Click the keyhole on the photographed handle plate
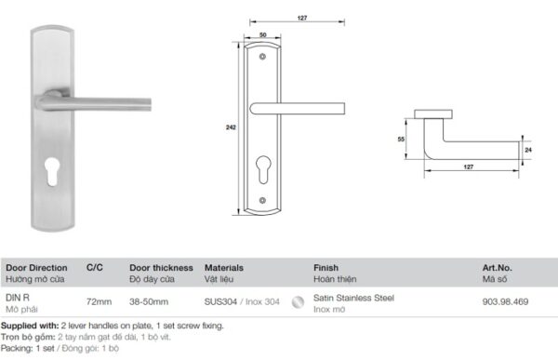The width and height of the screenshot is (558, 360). pos(52,172)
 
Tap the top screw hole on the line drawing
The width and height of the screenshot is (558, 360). pos(262,57)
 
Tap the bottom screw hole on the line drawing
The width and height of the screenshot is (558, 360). pos(262,201)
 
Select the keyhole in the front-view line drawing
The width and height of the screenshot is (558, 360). pos(263,169)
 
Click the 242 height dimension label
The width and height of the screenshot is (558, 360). pos(231,127)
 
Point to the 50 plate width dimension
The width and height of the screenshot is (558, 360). pos(262,35)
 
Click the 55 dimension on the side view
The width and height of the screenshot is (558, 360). pos(401,140)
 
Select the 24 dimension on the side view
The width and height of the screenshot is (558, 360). pos(528,150)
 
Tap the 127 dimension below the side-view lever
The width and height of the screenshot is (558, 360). pos(469,167)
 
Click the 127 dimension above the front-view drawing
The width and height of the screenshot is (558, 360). pos(301,18)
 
